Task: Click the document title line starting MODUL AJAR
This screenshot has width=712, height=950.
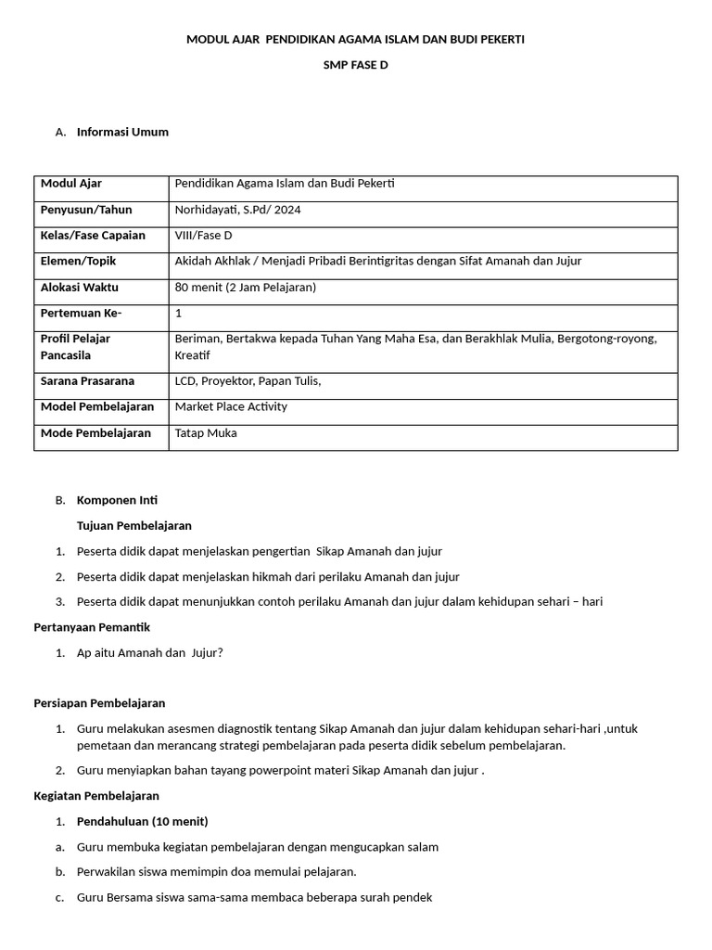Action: point(355,40)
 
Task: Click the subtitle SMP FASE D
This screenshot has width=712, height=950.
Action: point(355,66)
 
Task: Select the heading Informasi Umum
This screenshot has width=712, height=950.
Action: point(122,132)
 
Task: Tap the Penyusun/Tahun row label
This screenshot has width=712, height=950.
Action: point(86,210)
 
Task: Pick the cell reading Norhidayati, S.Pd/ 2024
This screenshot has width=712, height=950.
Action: point(237,210)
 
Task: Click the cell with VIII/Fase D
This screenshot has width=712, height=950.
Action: point(203,236)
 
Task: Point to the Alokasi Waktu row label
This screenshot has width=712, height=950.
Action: point(80,288)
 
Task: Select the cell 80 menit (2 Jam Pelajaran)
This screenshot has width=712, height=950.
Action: point(246,288)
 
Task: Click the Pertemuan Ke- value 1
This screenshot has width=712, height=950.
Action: point(178,314)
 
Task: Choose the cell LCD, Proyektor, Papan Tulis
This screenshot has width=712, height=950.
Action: point(248,381)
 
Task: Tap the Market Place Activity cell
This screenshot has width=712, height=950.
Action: point(231,407)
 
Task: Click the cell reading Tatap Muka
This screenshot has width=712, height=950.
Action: point(206,433)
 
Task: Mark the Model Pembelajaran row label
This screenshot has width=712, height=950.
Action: point(97,407)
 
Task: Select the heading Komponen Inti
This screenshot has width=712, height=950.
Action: point(117,500)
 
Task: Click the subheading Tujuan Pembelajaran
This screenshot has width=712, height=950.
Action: point(134,526)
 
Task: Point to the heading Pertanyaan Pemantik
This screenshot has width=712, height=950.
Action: point(92,627)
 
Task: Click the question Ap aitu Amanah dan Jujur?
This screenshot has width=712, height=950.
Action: point(150,652)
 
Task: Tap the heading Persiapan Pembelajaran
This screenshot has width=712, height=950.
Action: point(99,703)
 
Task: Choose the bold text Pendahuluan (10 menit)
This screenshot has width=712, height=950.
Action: point(143,821)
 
